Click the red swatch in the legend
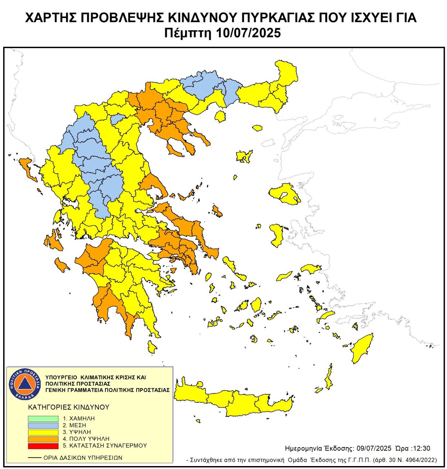(43, 446)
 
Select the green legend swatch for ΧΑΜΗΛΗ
(43, 418)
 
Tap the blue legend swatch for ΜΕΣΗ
(43, 425)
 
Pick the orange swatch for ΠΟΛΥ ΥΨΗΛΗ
(43, 439)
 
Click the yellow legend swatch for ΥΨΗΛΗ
(43, 432)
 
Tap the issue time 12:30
(420, 448)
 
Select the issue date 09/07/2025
(374, 448)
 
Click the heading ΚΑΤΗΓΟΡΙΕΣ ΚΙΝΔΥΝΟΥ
(69, 407)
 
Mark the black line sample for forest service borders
(35, 458)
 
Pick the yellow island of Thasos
(220, 116)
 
